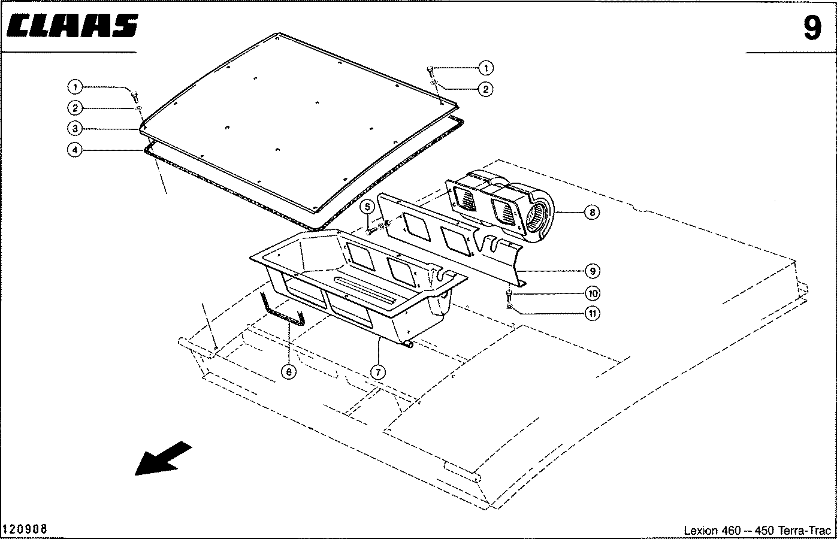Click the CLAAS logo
[72, 26]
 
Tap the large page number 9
[812, 28]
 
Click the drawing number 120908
[25, 529]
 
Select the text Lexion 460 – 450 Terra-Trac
[757, 530]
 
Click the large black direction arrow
[164, 458]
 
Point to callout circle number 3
[75, 129]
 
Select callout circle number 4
[75, 150]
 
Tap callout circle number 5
[367, 207]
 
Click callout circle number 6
[289, 372]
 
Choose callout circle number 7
[378, 372]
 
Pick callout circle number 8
[593, 213]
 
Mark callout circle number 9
[593, 271]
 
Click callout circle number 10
[593, 293]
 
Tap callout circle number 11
[593, 313]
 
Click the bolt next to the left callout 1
[135, 97]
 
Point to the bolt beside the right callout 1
[430, 72]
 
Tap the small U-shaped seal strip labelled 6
[283, 311]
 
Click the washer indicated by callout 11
[509, 307]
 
